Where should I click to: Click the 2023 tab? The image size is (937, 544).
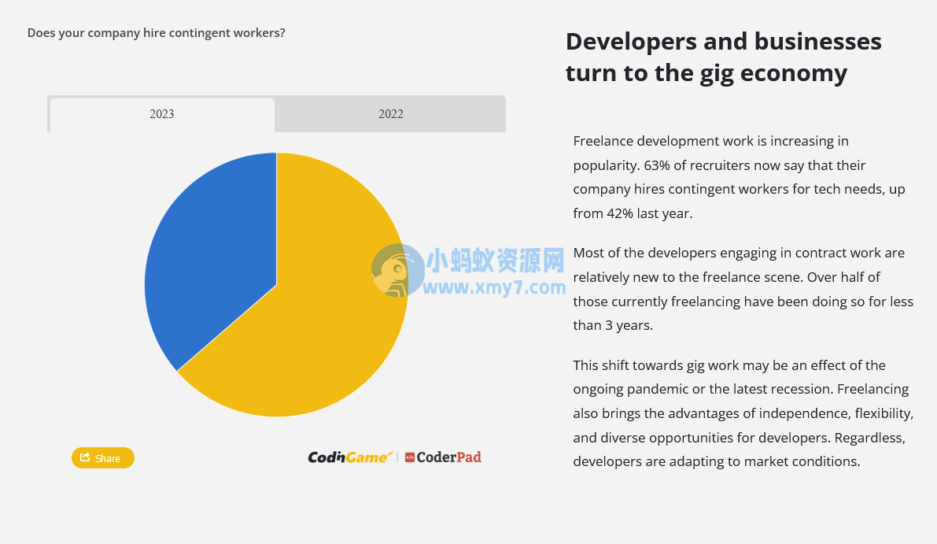[162, 115]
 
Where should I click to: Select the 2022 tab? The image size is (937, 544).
[391, 114]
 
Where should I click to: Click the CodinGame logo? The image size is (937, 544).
[350, 457]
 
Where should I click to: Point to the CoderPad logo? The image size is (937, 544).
[443, 457]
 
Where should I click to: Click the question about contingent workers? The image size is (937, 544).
[157, 33]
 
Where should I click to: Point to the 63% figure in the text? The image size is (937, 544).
[657, 165]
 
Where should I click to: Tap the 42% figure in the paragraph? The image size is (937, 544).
[620, 213]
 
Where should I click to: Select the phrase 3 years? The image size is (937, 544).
[629, 326]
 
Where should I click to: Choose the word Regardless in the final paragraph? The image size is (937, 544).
[870, 439]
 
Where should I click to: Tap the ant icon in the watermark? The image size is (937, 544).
[397, 270]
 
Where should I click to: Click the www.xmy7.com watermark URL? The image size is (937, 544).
[494, 287]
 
